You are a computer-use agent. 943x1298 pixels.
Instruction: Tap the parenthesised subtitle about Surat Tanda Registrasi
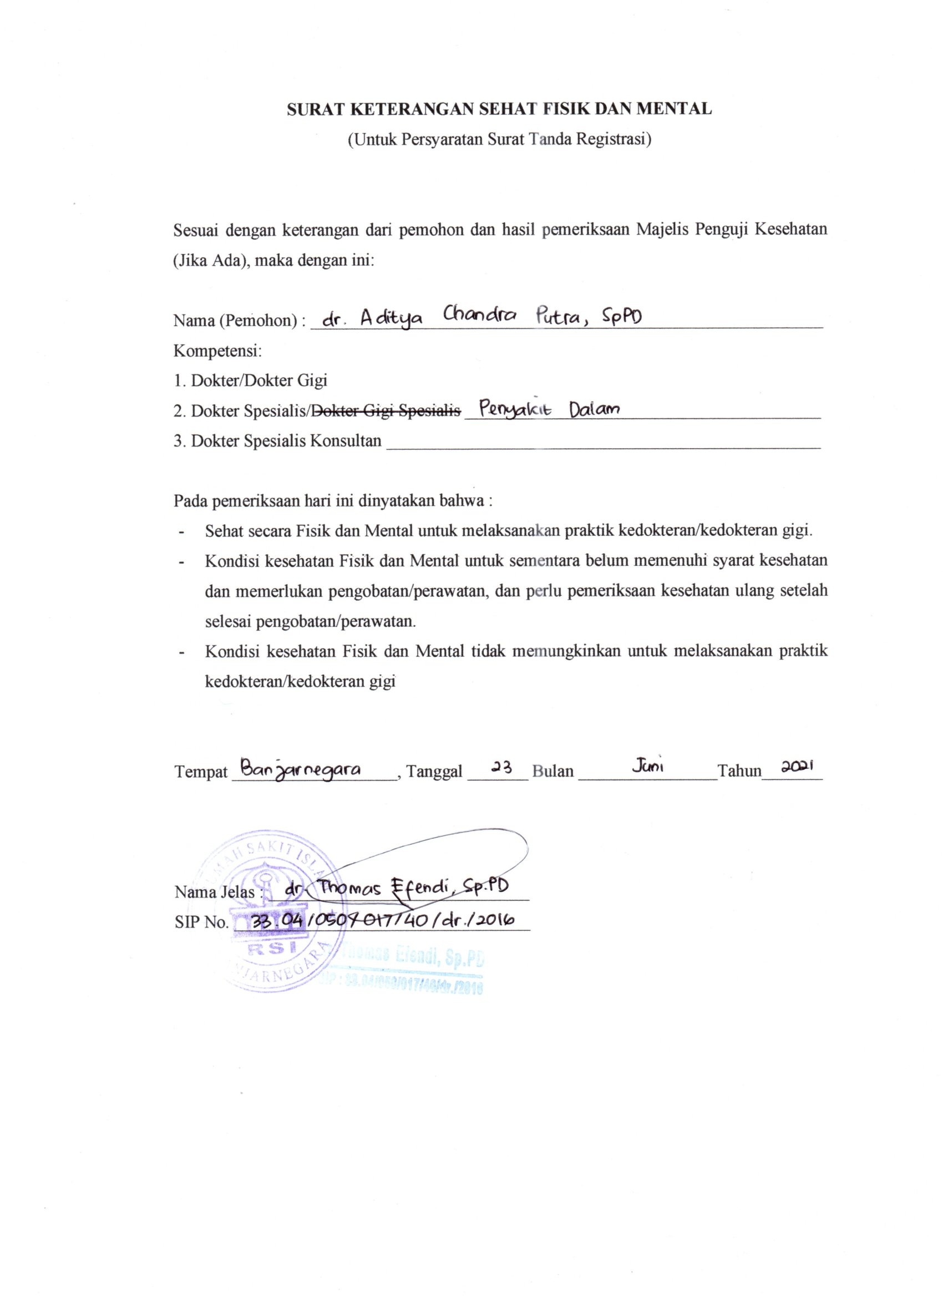pyautogui.click(x=500, y=140)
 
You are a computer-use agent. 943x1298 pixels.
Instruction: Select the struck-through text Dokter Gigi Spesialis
pyautogui.click(x=387, y=410)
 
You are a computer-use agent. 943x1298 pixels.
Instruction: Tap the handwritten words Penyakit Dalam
pyautogui.click(x=550, y=409)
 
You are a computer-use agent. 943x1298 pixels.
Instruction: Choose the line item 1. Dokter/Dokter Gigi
pyautogui.click(x=251, y=380)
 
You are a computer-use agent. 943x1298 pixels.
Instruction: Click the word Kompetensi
pyautogui.click(x=217, y=350)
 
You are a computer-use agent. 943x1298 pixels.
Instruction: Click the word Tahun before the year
pyautogui.click(x=740, y=771)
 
